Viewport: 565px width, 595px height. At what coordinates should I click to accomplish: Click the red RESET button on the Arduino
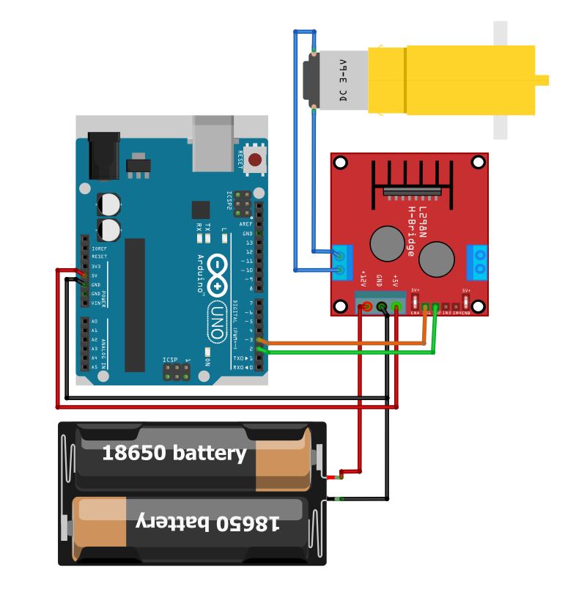(255, 160)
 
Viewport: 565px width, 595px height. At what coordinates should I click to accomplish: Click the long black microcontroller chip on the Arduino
(135, 304)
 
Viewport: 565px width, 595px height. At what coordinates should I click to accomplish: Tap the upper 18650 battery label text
(174, 453)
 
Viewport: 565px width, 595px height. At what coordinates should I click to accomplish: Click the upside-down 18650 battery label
(209, 522)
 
